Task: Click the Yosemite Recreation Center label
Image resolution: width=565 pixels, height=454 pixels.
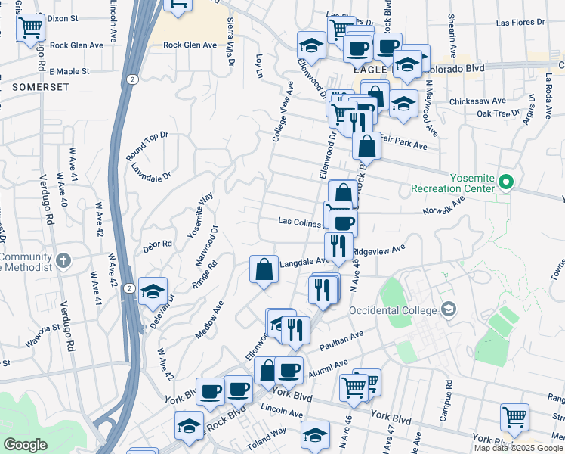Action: (451, 183)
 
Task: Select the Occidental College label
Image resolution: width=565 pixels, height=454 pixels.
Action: (393, 310)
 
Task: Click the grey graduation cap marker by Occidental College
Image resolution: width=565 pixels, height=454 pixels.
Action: (449, 309)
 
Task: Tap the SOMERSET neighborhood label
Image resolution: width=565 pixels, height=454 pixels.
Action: (41, 88)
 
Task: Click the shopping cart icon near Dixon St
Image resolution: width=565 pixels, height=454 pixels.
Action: (31, 29)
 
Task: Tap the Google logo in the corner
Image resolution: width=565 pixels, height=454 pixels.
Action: (25, 445)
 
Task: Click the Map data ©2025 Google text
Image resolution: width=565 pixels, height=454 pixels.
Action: (518, 448)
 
